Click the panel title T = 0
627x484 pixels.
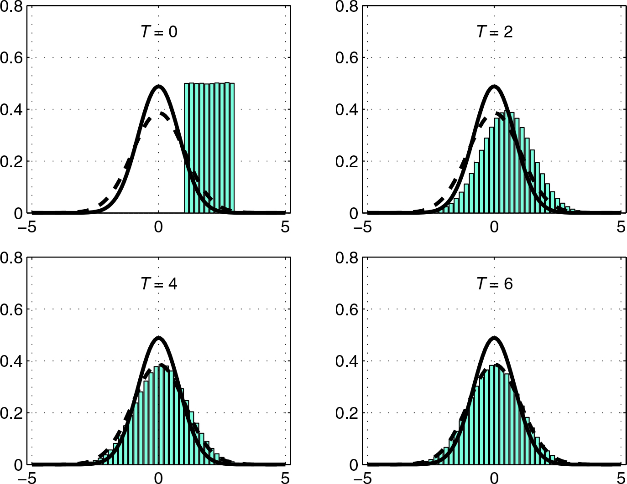pos(159,32)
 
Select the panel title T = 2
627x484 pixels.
pos(495,32)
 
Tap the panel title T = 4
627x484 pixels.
pos(159,284)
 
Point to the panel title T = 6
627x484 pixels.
pos(495,284)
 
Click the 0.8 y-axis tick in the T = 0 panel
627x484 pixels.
pos(11,6)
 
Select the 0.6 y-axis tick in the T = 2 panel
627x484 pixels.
pos(347,58)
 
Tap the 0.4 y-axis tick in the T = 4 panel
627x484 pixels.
pos(11,361)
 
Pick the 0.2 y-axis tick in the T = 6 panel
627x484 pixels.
pos(347,413)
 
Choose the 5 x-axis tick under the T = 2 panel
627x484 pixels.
pos(621,227)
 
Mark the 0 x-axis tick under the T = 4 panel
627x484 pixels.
pos(158,478)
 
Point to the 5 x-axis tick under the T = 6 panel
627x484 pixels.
pos(621,478)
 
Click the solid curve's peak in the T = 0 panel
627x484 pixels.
pos(158,86)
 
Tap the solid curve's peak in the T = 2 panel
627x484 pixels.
pos(494,86)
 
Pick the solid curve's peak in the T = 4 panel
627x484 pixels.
pos(158,338)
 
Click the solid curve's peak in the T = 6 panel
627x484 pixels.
pos(494,338)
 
